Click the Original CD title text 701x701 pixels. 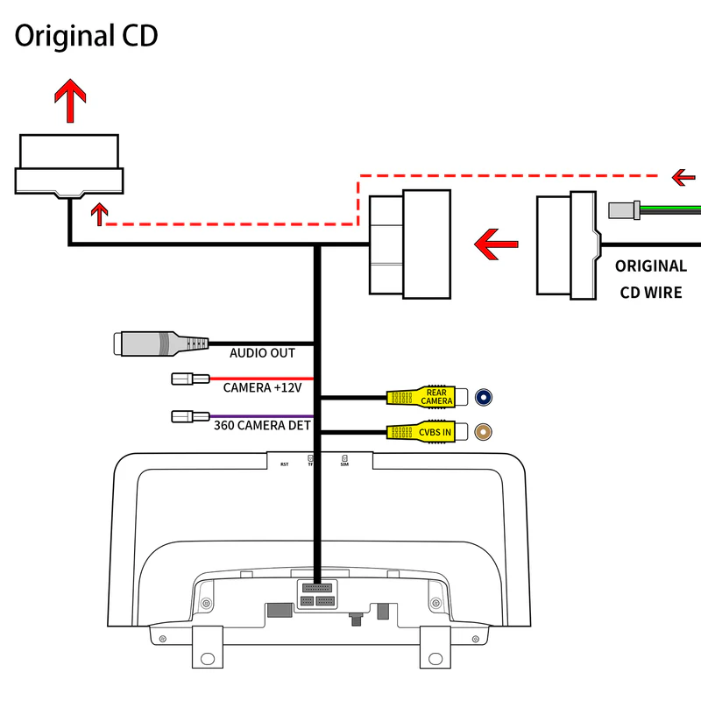click(x=86, y=36)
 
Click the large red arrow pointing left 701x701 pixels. click(x=496, y=243)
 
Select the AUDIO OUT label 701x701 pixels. click(x=262, y=353)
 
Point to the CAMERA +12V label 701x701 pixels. click(x=263, y=387)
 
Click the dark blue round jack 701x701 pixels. click(x=484, y=398)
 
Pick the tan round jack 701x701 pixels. click(x=484, y=432)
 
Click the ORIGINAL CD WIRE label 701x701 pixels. click(x=650, y=279)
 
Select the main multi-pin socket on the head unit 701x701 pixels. click(x=316, y=595)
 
